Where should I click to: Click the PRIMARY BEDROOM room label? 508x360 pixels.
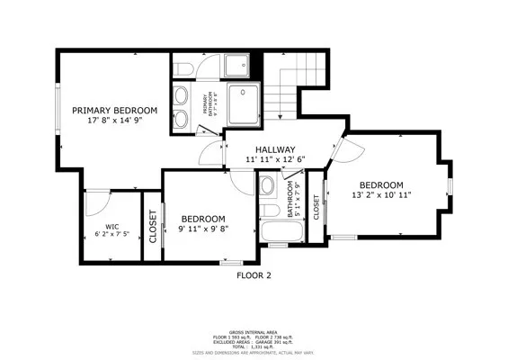click(115, 110)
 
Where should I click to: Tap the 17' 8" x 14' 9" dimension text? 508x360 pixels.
click(115, 120)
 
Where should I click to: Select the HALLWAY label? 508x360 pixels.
click(274, 149)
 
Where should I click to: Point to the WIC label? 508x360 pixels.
click(111, 226)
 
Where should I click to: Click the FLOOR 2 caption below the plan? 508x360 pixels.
click(254, 275)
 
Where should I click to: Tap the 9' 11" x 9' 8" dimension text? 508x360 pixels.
click(202, 229)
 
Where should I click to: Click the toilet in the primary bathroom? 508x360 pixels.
click(181, 68)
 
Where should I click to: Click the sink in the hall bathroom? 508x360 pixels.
click(267, 187)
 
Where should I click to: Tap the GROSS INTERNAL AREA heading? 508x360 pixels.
click(254, 329)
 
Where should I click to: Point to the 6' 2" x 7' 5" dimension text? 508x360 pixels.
click(111, 234)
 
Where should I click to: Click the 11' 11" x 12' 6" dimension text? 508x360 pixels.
click(274, 159)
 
